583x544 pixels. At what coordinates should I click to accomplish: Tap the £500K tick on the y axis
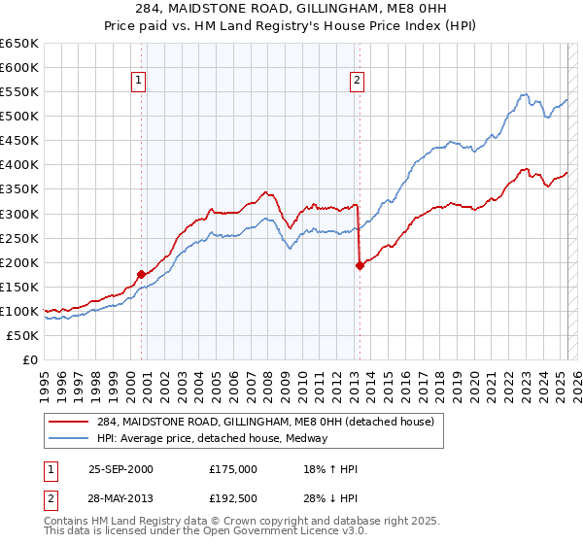(19, 117)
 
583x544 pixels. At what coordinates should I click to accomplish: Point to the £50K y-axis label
(22, 335)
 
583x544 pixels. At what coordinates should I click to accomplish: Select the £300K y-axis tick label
(19, 214)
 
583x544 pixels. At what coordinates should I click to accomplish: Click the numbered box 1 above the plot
(139, 82)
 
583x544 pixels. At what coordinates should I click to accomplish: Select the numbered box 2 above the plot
(357, 82)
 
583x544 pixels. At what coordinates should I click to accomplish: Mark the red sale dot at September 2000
(142, 274)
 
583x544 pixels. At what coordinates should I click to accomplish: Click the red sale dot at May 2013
(360, 265)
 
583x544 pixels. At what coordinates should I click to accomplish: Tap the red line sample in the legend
(68, 421)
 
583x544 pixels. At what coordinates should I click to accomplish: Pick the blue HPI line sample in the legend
(68, 438)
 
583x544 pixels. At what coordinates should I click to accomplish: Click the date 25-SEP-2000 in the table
(120, 469)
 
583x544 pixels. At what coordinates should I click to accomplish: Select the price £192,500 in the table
(232, 496)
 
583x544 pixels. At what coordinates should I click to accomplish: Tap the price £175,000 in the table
(232, 469)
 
